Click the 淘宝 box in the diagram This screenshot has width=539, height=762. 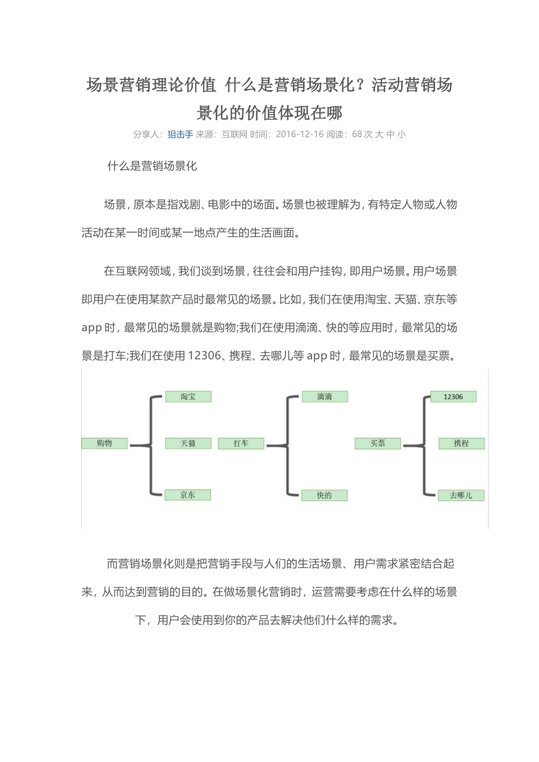pyautogui.click(x=188, y=397)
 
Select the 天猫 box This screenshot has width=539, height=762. pyautogui.click(x=188, y=443)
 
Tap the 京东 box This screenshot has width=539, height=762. pyautogui.click(x=188, y=495)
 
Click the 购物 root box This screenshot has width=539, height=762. pyautogui.click(x=104, y=443)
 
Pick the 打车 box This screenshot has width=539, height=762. pyautogui.click(x=241, y=443)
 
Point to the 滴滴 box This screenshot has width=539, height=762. pyautogui.click(x=325, y=397)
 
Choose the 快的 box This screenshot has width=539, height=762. pyautogui.click(x=325, y=495)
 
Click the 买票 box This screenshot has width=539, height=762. pyautogui.click(x=378, y=443)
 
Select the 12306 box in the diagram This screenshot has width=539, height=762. pyautogui.click(x=453, y=397)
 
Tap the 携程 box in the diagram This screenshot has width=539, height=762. pyautogui.click(x=461, y=443)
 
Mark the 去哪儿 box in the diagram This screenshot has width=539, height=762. pyautogui.click(x=461, y=495)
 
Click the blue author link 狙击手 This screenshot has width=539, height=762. pyautogui.click(x=180, y=134)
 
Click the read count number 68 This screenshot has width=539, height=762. pyautogui.click(x=357, y=134)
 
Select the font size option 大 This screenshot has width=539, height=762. pyautogui.click(x=379, y=134)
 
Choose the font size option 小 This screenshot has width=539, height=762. pyautogui.click(x=402, y=134)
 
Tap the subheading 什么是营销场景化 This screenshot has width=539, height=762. pyautogui.click(x=152, y=166)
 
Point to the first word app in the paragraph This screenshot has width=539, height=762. pyautogui.click(x=91, y=328)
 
